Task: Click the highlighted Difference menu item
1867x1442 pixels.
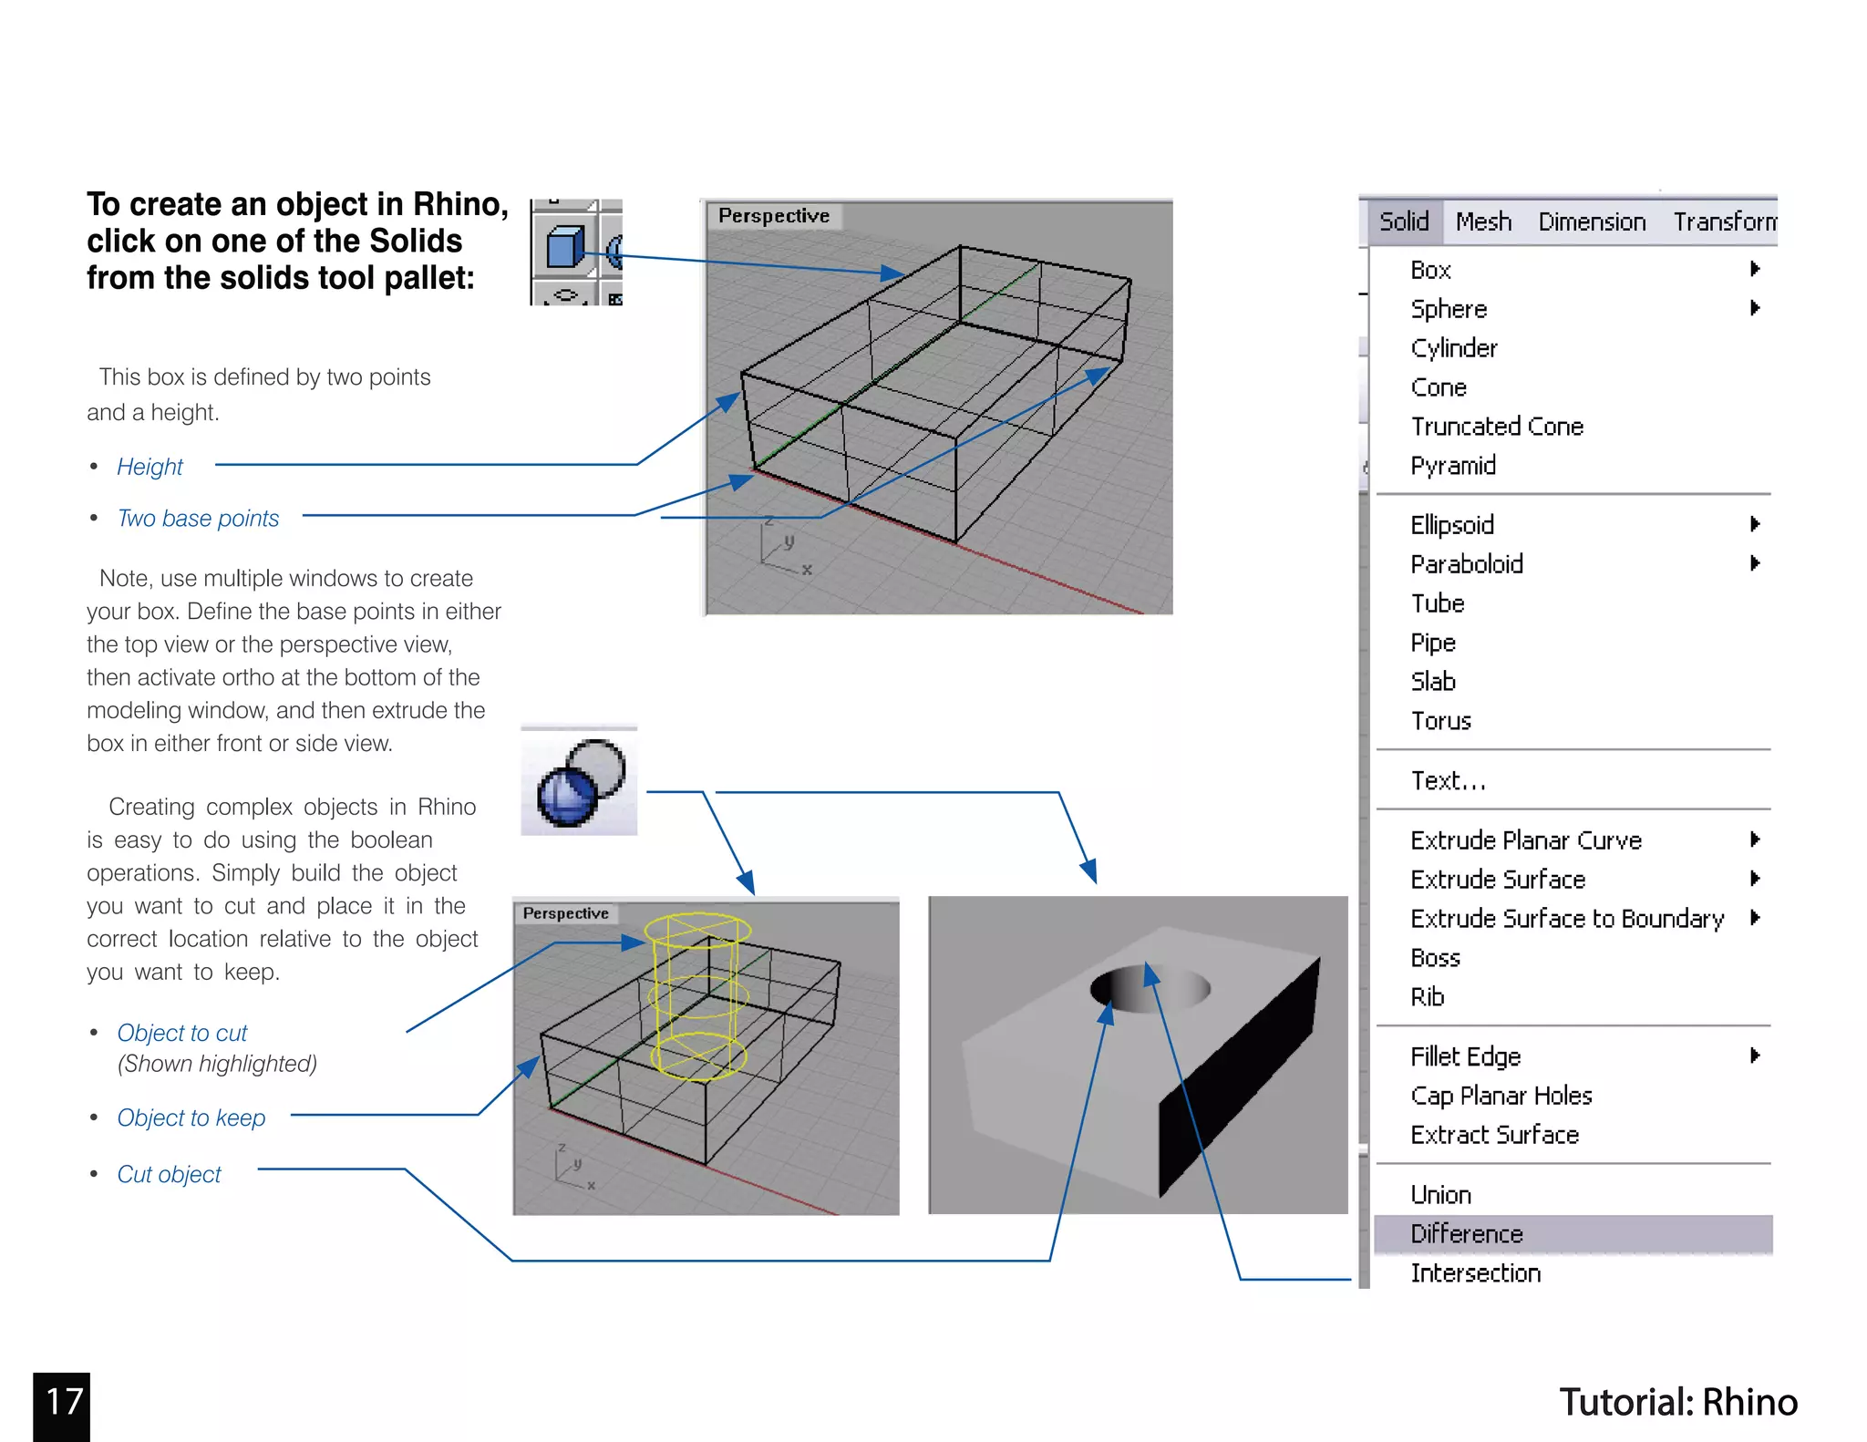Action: pyautogui.click(x=1466, y=1233)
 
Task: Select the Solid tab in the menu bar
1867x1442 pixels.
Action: pyautogui.click(x=1403, y=221)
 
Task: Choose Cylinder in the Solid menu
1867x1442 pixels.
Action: pyautogui.click(x=1453, y=348)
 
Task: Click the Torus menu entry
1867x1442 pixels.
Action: pyautogui.click(x=1440, y=721)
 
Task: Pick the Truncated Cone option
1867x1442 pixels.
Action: pyautogui.click(x=1496, y=427)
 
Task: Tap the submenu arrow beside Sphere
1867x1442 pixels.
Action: pyautogui.click(x=1754, y=308)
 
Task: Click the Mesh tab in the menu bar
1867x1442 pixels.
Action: pyautogui.click(x=1483, y=221)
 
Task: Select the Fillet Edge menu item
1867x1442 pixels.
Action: pyautogui.click(x=1465, y=1056)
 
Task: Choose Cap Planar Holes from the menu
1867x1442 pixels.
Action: pyautogui.click(x=1501, y=1096)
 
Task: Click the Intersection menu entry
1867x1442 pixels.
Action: pyautogui.click(x=1475, y=1273)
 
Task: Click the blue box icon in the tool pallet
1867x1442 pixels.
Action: pyautogui.click(x=564, y=247)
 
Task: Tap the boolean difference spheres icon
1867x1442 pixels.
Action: pyautogui.click(x=579, y=782)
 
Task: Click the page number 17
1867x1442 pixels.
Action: pyautogui.click(x=63, y=1402)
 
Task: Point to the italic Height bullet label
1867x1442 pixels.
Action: pyautogui.click(x=150, y=467)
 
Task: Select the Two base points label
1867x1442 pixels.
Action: pyautogui.click(x=198, y=519)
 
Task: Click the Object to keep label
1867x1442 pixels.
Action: pyautogui.click(x=191, y=1118)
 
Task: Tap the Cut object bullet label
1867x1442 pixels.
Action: pyautogui.click(x=169, y=1174)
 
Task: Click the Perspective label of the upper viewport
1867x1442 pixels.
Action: pyautogui.click(x=773, y=216)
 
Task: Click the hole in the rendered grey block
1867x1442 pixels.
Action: pyautogui.click(x=1149, y=990)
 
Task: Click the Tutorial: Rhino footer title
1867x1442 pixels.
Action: pyautogui.click(x=1677, y=1402)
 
